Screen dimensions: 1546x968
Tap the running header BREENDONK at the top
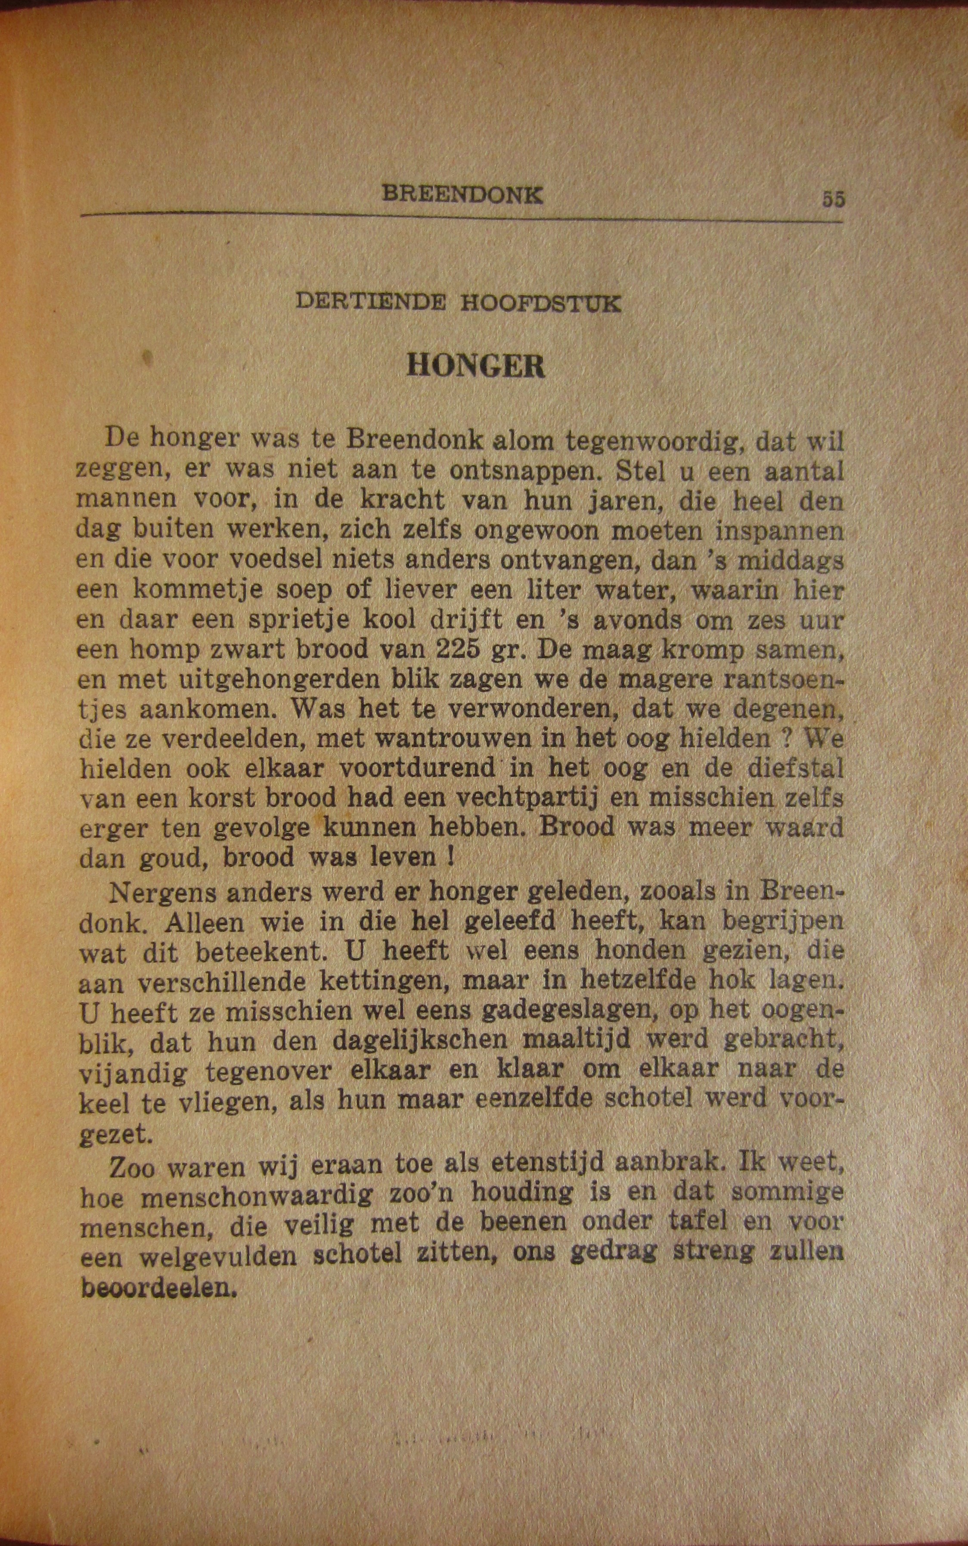coord(462,194)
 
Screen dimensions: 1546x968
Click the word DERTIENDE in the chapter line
coord(371,302)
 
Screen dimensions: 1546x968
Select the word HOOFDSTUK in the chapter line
coord(540,303)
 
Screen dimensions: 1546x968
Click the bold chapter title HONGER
coord(476,366)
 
